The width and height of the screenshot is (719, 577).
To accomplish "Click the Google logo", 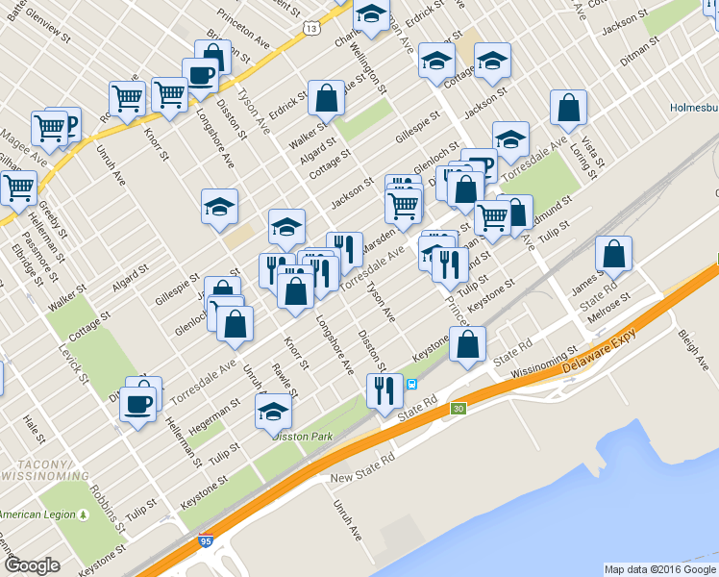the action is (32, 565).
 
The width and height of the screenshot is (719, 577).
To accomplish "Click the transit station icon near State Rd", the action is (411, 385).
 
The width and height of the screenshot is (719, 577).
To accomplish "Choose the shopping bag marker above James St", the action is (613, 255).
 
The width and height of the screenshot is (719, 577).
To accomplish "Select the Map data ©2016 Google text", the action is (658, 569).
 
